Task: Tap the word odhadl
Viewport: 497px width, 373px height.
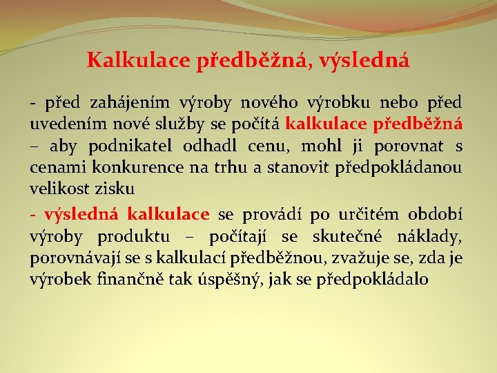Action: tap(209, 146)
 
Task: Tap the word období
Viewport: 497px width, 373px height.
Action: tap(432, 216)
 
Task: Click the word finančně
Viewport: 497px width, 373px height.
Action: tap(112, 279)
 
